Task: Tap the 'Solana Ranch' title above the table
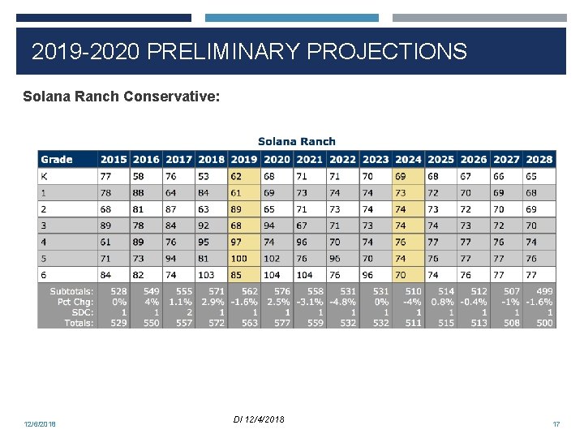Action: [x=296, y=141]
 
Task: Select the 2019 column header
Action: [x=243, y=160]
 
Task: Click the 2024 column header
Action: [x=408, y=160]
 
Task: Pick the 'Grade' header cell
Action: [x=57, y=160]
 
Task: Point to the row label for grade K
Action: [x=44, y=176]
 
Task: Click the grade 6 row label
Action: [x=44, y=275]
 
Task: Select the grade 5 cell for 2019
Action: [x=239, y=259]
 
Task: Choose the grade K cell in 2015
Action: [x=105, y=176]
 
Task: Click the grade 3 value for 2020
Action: [x=270, y=225]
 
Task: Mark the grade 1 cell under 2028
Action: [x=531, y=193]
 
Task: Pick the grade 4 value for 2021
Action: [x=303, y=242]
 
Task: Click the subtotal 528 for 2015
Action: [x=118, y=291]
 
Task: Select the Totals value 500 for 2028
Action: [x=543, y=323]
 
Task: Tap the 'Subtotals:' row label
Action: [x=71, y=291]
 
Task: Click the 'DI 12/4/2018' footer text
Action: [x=258, y=419]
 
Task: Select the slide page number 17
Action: [x=556, y=424]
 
